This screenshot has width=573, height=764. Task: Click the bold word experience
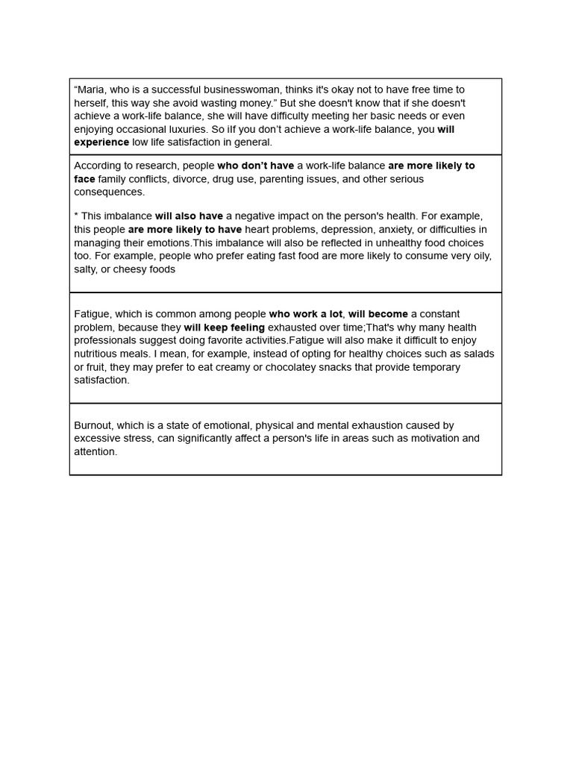(x=101, y=143)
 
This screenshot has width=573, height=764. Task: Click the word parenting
(x=286, y=179)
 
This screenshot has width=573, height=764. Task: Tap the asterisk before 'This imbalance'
(x=76, y=216)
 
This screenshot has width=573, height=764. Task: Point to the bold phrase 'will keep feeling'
(x=225, y=328)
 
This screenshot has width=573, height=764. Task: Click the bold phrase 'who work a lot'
(x=306, y=314)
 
